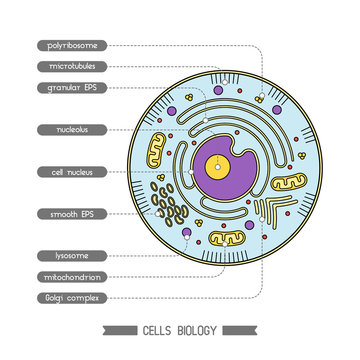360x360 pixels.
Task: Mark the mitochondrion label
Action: click(x=70, y=276)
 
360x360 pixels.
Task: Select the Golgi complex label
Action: click(x=70, y=297)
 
